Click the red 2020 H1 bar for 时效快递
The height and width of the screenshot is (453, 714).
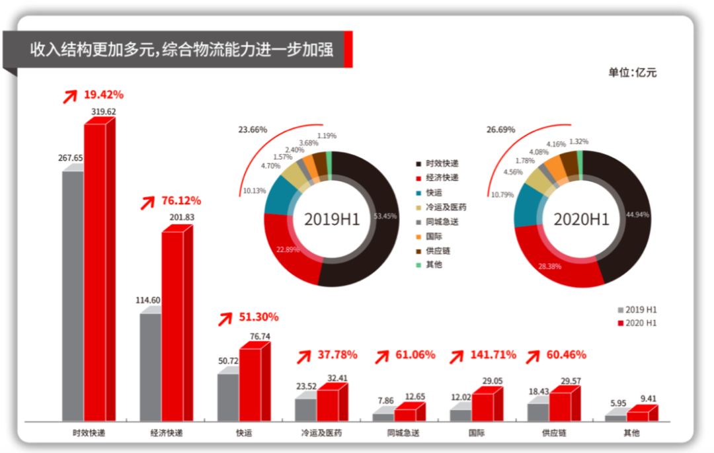click(95, 271)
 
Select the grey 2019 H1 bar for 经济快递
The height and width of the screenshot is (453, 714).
click(150, 367)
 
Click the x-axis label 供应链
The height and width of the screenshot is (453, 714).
click(554, 433)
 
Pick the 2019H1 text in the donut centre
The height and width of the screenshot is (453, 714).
click(332, 220)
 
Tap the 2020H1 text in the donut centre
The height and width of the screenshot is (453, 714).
click(582, 220)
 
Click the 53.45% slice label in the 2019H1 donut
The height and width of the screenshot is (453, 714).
click(385, 216)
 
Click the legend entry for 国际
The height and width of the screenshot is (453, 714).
click(434, 236)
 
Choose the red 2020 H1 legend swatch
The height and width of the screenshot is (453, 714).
click(620, 323)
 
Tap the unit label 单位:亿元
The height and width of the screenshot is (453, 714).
click(633, 73)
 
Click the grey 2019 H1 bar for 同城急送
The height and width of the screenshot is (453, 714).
click(383, 417)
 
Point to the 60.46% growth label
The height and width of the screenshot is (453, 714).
click(566, 355)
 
